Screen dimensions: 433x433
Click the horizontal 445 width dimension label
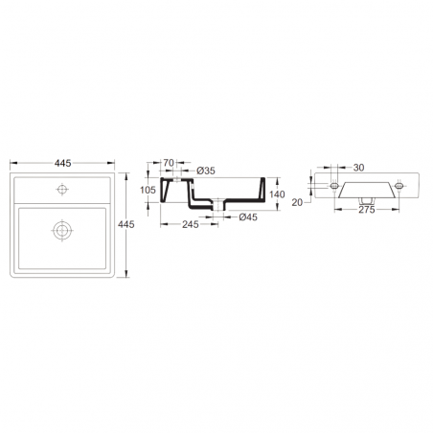click(62, 163)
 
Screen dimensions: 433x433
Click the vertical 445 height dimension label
click(126, 224)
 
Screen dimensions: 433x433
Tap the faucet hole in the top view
click(62, 190)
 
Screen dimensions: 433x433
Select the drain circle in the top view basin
click(62, 230)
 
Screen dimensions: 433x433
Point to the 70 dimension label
click(169, 163)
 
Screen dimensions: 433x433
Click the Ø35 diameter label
click(206, 171)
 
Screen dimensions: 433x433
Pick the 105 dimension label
click(148, 190)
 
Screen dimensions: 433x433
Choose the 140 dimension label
click(277, 194)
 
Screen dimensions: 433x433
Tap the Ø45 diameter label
click(248, 217)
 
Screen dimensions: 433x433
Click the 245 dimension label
click(191, 224)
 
